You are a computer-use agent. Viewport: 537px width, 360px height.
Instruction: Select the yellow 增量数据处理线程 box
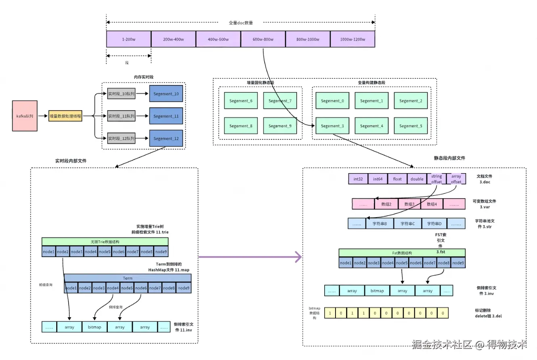pos(65,116)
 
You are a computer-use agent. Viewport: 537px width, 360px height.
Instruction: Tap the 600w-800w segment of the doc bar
pos(263,39)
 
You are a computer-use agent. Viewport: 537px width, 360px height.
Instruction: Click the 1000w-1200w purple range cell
pos(352,39)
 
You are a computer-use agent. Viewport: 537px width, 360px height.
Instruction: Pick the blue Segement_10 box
pos(166,94)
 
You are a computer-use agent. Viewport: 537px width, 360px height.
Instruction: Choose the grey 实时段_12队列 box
pos(122,138)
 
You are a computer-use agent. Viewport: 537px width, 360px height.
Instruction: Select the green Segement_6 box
pos(241,101)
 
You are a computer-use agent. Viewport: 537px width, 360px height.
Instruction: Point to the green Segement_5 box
pos(411,126)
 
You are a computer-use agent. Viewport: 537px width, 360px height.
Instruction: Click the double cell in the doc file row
pos(417,179)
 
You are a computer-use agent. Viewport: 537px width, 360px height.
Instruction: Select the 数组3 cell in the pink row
pos(409,204)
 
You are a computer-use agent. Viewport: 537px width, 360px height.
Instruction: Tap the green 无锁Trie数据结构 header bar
pos(105,242)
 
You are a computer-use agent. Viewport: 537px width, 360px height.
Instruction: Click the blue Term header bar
pos(128,278)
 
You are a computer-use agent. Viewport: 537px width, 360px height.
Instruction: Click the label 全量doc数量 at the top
pos(241,23)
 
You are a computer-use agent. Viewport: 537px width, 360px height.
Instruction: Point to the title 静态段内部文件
pos(449,158)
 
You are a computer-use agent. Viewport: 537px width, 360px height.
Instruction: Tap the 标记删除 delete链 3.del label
pos(488,313)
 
